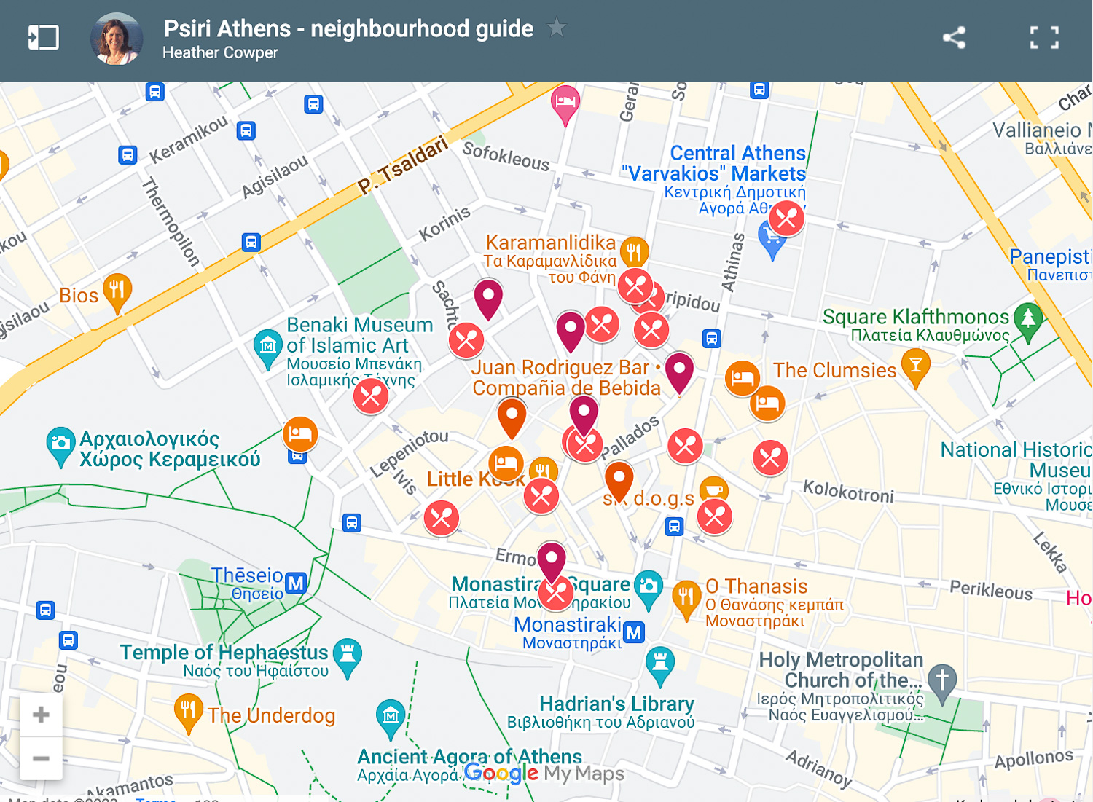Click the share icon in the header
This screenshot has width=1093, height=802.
tap(954, 37)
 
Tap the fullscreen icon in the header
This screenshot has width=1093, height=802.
tap(1044, 37)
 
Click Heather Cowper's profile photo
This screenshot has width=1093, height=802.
tap(117, 39)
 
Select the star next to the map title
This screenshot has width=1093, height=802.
tap(557, 28)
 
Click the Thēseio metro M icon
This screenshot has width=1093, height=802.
tap(296, 583)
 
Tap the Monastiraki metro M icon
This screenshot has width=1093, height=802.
tap(635, 632)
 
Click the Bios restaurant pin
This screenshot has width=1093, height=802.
tap(117, 290)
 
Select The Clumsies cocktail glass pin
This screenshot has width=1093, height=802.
tap(916, 366)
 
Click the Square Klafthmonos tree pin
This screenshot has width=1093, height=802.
tap(1028, 319)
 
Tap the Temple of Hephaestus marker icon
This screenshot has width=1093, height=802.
tap(348, 653)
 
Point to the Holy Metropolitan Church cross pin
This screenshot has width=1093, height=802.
tap(942, 680)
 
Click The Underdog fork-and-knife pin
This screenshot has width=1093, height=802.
tap(188, 710)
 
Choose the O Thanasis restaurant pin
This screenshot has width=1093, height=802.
tap(686, 597)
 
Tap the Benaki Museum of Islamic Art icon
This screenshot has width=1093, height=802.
tap(267, 345)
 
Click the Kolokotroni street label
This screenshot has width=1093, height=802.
tap(848, 492)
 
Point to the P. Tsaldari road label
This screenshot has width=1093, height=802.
tap(402, 166)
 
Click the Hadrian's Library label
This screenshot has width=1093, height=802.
tap(616, 704)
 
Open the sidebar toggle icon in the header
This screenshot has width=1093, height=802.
tap(43, 37)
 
